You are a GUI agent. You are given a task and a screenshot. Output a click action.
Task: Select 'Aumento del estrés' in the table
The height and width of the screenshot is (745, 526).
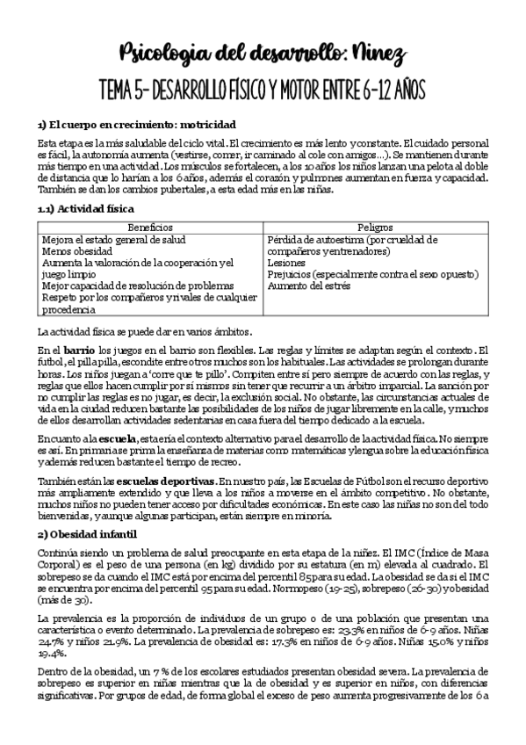pos(308,286)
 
